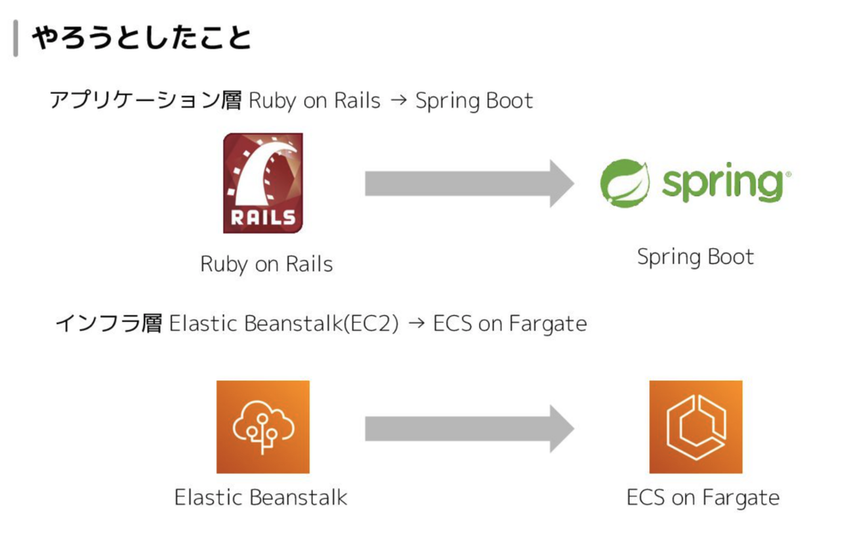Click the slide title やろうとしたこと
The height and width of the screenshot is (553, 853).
click(141, 39)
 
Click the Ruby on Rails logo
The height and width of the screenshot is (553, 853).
click(262, 183)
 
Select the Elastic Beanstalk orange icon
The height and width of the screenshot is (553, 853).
click(262, 426)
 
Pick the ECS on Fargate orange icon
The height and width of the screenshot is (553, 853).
click(696, 426)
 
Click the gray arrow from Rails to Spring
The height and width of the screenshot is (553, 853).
click(469, 183)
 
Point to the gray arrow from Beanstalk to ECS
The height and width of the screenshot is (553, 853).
click(469, 428)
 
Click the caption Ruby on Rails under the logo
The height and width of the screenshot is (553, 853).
click(266, 264)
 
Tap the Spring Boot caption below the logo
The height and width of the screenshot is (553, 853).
click(696, 256)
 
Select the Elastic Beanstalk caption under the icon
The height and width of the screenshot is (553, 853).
click(260, 497)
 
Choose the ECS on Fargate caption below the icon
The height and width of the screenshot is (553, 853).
click(703, 497)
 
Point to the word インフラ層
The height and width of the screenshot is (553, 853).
click(108, 323)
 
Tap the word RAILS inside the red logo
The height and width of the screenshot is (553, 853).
click(263, 217)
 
